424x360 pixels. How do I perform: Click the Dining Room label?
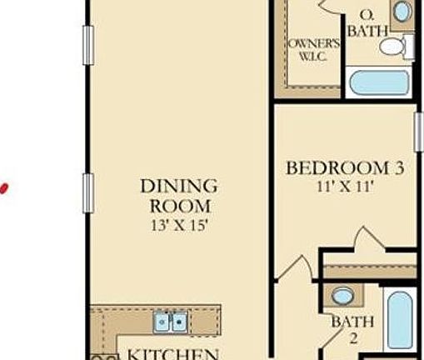(x=178, y=195)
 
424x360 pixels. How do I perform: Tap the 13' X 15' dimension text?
(x=178, y=224)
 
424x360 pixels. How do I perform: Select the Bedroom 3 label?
(x=344, y=168)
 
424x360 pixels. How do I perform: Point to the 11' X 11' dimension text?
(x=344, y=187)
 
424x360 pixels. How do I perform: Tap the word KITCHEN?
(x=172, y=353)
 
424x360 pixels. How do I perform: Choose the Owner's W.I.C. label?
(x=312, y=49)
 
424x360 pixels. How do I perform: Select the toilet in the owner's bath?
(x=395, y=47)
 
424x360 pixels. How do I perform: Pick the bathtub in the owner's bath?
(x=379, y=83)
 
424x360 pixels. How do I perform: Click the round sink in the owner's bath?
(x=402, y=12)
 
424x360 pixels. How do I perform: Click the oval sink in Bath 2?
(x=342, y=295)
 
